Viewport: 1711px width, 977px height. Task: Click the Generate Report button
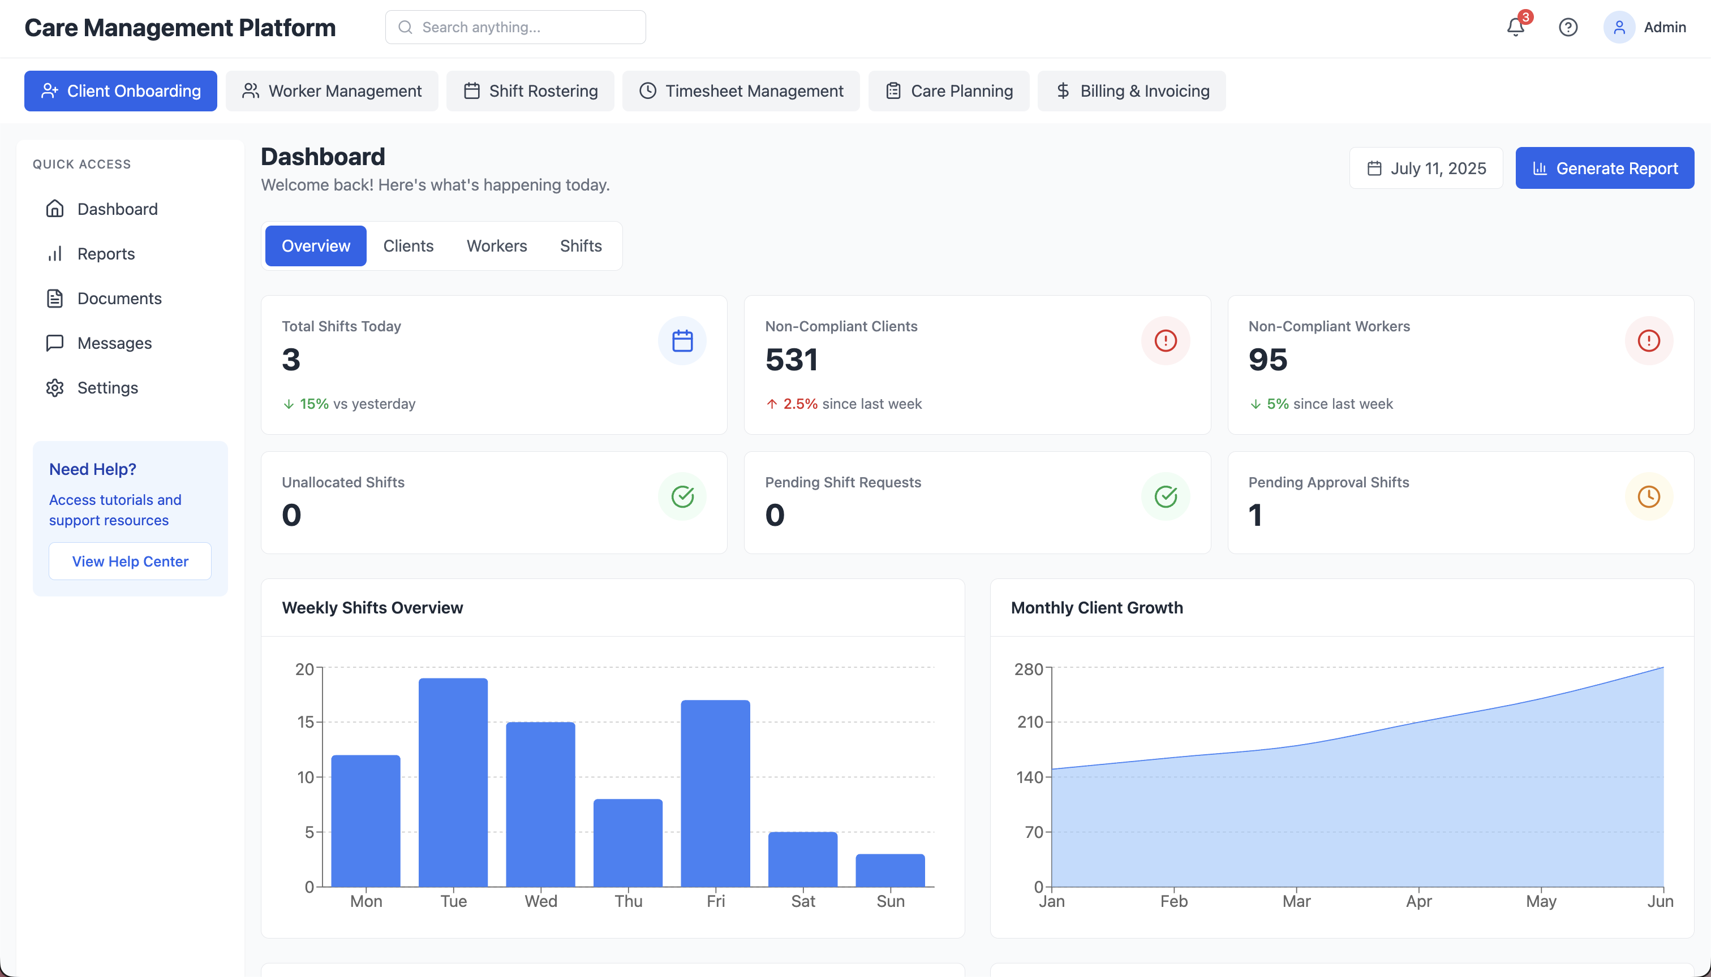(1603, 168)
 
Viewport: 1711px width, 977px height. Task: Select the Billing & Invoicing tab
(1131, 90)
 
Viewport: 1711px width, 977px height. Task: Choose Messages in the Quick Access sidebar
(114, 343)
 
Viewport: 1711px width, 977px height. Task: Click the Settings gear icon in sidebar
(55, 388)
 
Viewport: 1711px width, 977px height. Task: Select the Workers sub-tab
(496, 245)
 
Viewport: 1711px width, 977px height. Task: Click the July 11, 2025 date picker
(1426, 168)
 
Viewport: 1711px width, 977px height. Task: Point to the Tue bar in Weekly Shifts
(453, 782)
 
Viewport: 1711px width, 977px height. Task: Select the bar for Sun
(890, 870)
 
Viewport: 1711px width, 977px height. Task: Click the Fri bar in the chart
(715, 793)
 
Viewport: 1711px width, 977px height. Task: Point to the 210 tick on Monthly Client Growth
(1029, 722)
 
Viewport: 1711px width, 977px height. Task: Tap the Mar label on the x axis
(1296, 901)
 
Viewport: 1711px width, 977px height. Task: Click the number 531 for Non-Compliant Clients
(791, 359)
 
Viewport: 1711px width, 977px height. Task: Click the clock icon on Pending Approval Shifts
(1649, 496)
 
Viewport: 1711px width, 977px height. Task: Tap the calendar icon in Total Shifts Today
(682, 341)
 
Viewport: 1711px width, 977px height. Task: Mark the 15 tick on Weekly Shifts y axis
(306, 722)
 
